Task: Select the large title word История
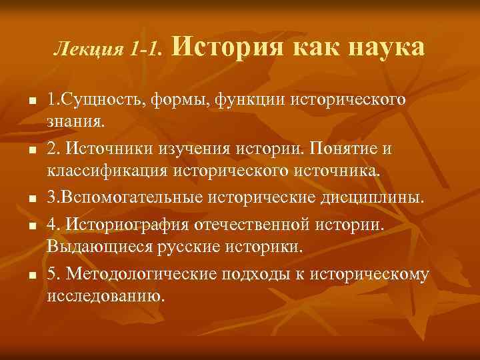click(x=223, y=48)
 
